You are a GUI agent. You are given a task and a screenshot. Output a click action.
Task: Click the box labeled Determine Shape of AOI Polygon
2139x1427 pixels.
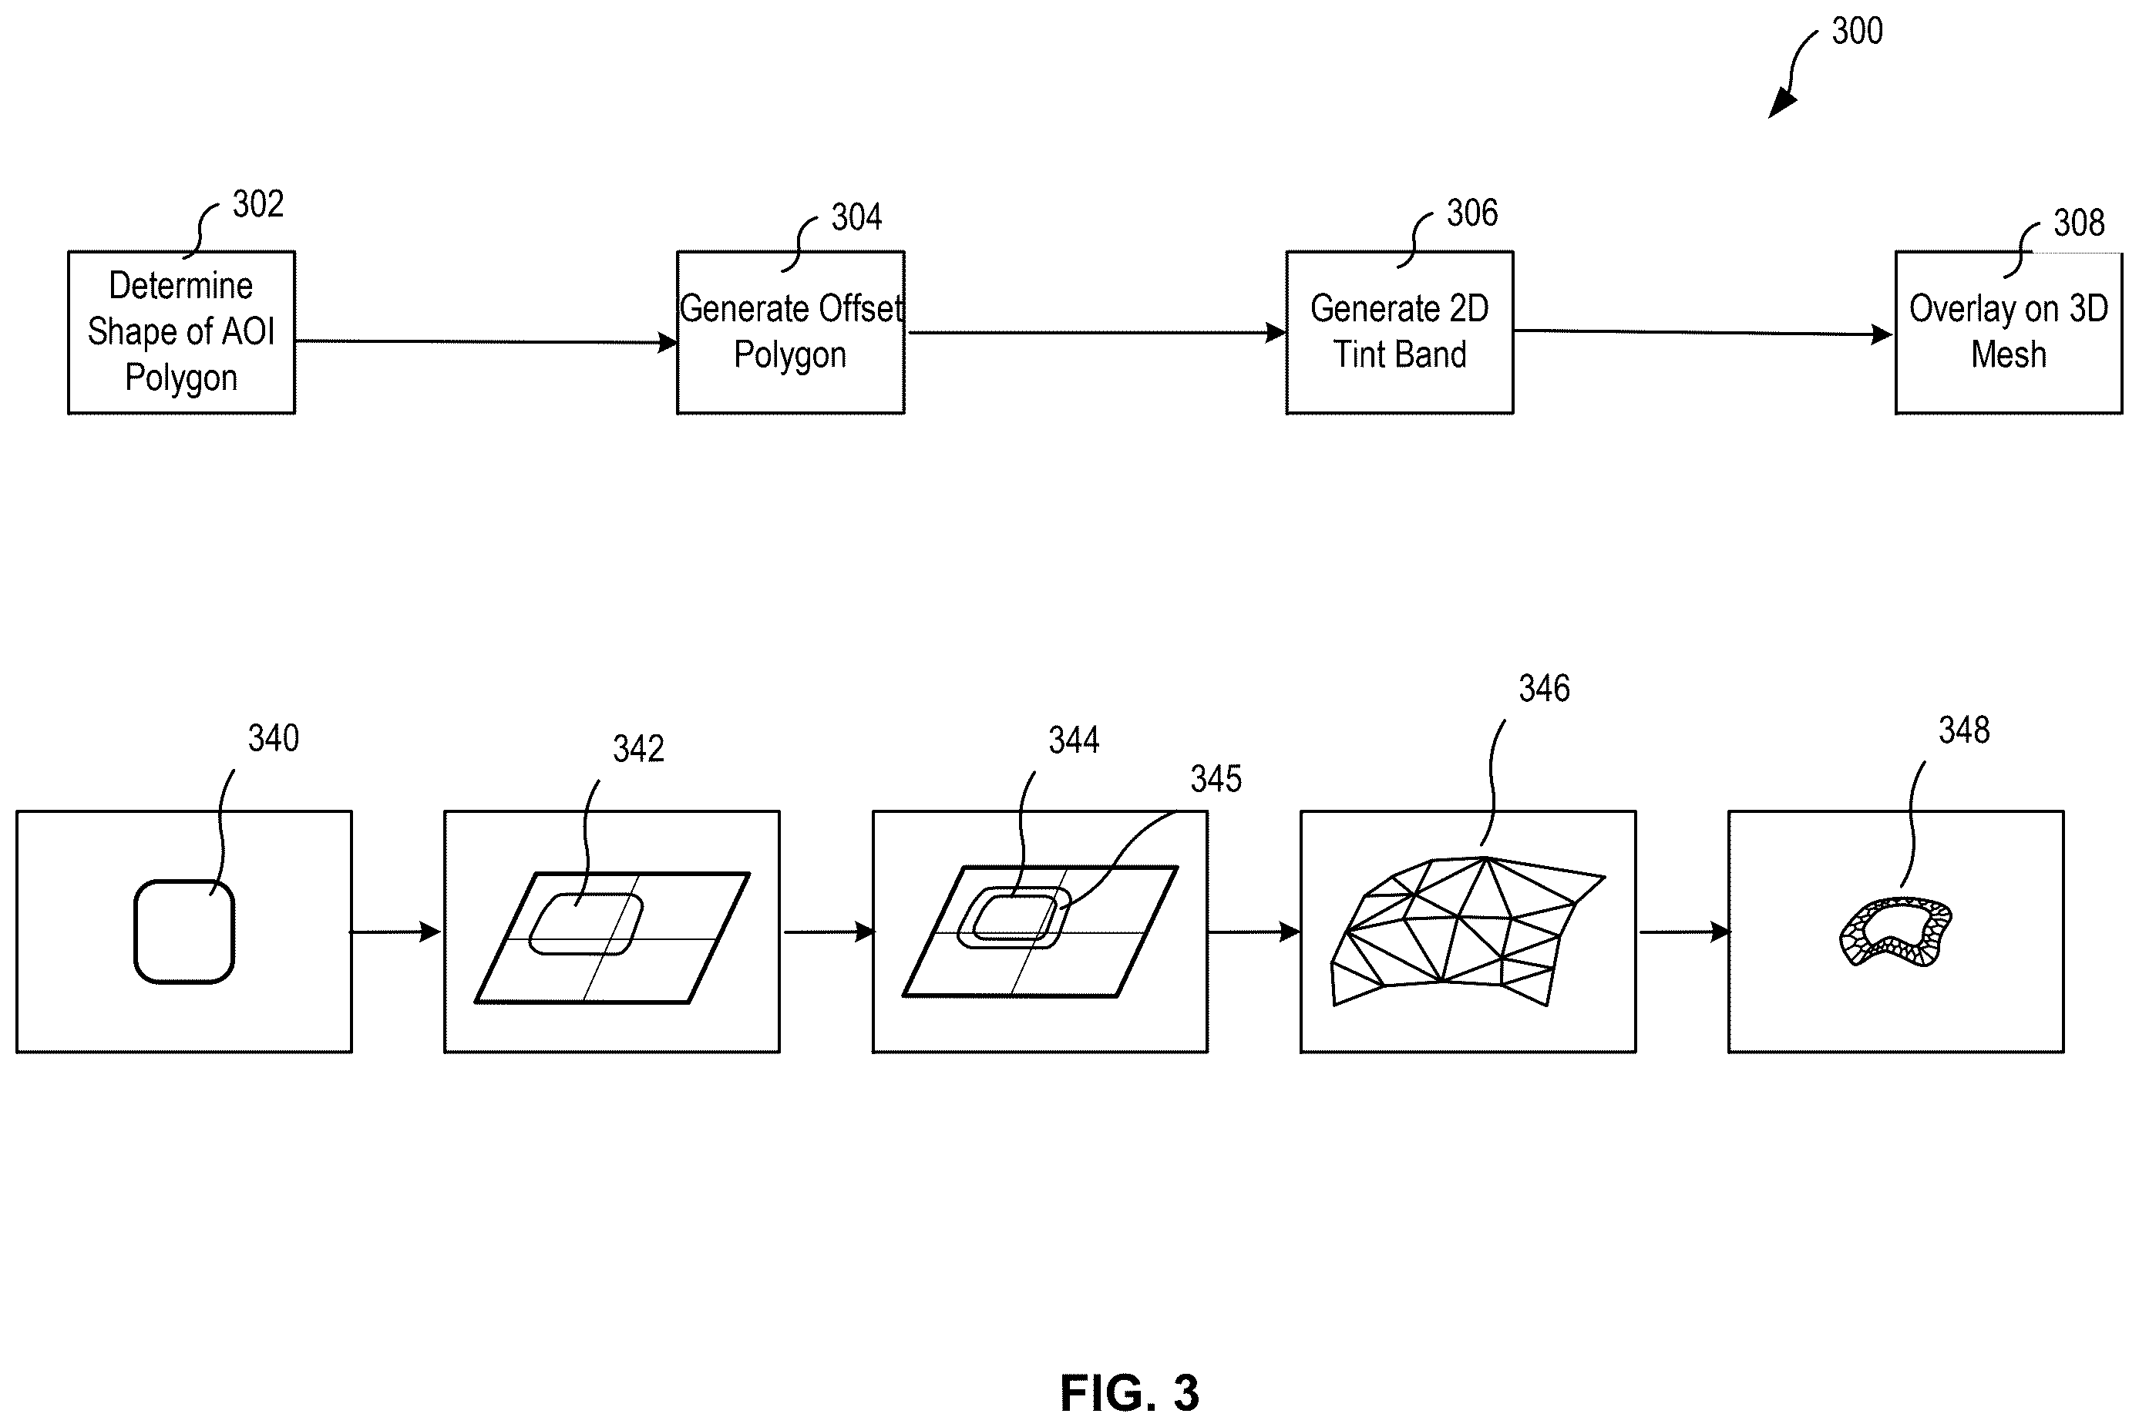pyautogui.click(x=181, y=332)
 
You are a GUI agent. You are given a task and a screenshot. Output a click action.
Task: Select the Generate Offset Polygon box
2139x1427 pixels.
pyautogui.click(x=790, y=332)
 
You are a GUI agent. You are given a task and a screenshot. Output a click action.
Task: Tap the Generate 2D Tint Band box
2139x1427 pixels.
pyautogui.click(x=1399, y=332)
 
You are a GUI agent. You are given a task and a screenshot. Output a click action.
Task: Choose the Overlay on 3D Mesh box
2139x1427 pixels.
pyautogui.click(x=2009, y=332)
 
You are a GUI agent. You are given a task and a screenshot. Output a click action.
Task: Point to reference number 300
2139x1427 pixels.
pyautogui.click(x=1857, y=32)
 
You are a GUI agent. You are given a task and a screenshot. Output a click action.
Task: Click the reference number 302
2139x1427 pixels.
pyautogui.click(x=257, y=204)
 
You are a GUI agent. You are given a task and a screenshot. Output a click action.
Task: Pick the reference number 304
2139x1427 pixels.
pyautogui.click(x=856, y=217)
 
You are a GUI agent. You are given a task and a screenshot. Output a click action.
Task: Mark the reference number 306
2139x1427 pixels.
pyautogui.click(x=1471, y=213)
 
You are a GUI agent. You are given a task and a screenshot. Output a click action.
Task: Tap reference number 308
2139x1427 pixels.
pyautogui.click(x=2079, y=223)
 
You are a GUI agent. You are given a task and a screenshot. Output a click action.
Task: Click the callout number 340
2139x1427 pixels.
pyautogui.click(x=273, y=738)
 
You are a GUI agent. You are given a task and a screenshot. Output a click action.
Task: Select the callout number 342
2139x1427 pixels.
pyautogui.click(x=638, y=749)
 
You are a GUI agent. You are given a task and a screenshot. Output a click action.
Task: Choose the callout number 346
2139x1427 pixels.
pyautogui.click(x=1544, y=689)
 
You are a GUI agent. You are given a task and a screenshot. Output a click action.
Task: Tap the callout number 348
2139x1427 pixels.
pyautogui.click(x=1964, y=730)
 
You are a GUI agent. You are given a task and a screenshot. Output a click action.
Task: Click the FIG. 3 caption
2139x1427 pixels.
pyautogui.click(x=1129, y=1392)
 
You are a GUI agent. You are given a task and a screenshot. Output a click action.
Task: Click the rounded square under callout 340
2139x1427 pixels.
pyautogui.click(x=136, y=932)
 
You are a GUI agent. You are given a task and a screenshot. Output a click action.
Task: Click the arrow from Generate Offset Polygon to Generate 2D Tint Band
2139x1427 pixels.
pyautogui.click(x=1096, y=333)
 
